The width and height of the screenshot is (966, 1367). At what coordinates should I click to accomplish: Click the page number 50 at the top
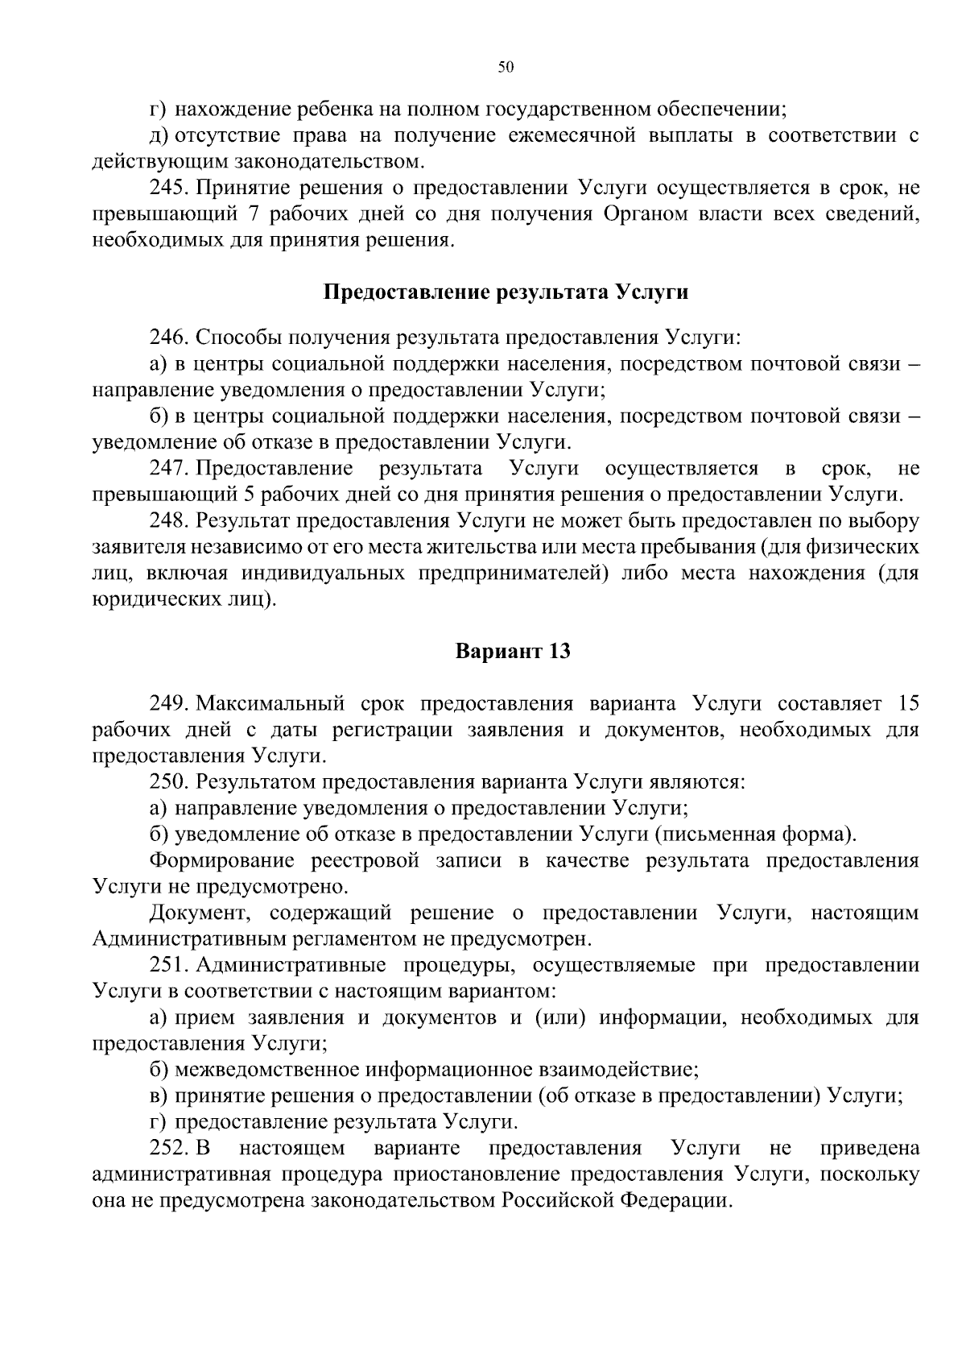pyautogui.click(x=506, y=67)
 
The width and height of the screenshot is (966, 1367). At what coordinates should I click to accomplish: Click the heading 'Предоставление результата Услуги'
pyautogui.click(x=506, y=292)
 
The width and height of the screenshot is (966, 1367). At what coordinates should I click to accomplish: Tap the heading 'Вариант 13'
pyautogui.click(x=513, y=651)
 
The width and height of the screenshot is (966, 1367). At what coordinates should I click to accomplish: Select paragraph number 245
pyautogui.click(x=168, y=189)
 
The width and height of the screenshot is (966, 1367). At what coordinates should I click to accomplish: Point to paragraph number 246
pyautogui.click(x=168, y=337)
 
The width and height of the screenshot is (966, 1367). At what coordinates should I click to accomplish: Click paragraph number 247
pyautogui.click(x=168, y=468)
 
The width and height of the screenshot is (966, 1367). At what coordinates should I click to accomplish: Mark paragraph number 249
pyautogui.click(x=168, y=703)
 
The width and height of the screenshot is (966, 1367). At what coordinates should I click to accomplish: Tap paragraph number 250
pyautogui.click(x=168, y=781)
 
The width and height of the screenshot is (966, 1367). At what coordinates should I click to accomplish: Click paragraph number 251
pyautogui.click(x=168, y=965)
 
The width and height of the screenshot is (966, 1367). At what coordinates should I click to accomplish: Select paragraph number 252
pyautogui.click(x=168, y=1148)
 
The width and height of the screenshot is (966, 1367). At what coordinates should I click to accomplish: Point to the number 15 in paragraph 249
pyautogui.click(x=907, y=703)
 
